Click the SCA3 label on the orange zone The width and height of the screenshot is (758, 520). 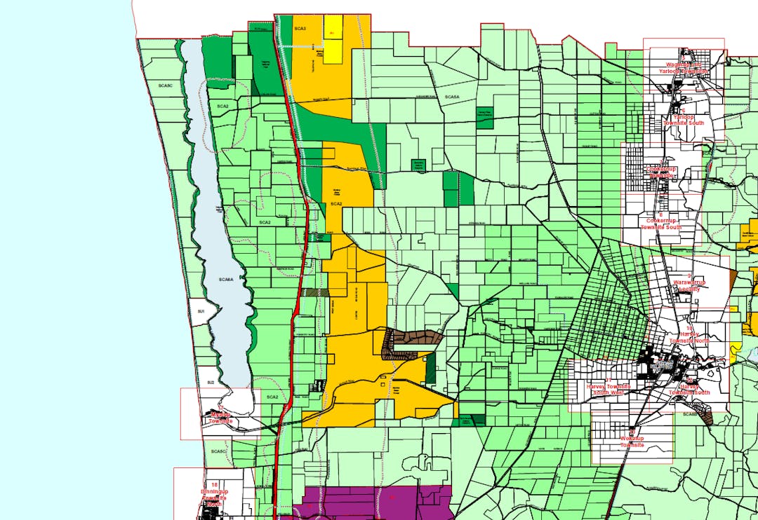point(300,29)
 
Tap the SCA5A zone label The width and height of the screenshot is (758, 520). point(452,97)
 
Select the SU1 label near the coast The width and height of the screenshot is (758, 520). point(201,311)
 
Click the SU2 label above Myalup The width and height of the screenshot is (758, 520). point(210,383)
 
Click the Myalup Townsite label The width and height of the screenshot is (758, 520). point(220,418)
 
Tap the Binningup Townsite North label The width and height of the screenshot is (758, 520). point(214,494)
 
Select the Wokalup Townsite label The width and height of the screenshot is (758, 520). point(632,441)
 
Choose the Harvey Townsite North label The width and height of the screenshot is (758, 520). point(690,336)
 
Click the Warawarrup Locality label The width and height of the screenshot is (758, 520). point(689,285)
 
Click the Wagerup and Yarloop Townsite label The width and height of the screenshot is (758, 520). point(684,68)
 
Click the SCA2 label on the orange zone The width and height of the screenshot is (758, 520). point(335,204)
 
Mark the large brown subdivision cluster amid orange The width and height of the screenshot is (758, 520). point(411,342)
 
